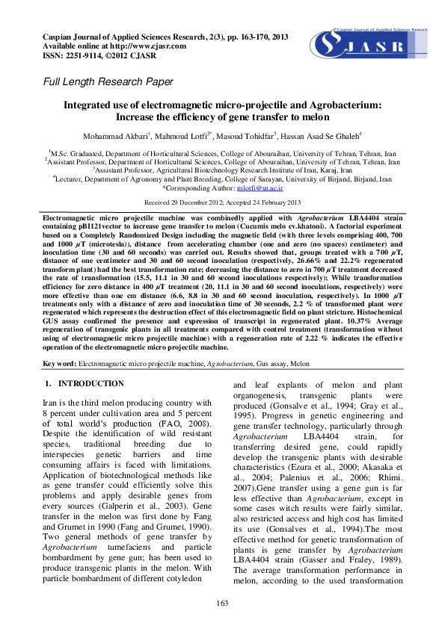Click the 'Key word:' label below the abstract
(60, 363)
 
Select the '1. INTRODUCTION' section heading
(85, 383)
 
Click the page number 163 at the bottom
(222, 603)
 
